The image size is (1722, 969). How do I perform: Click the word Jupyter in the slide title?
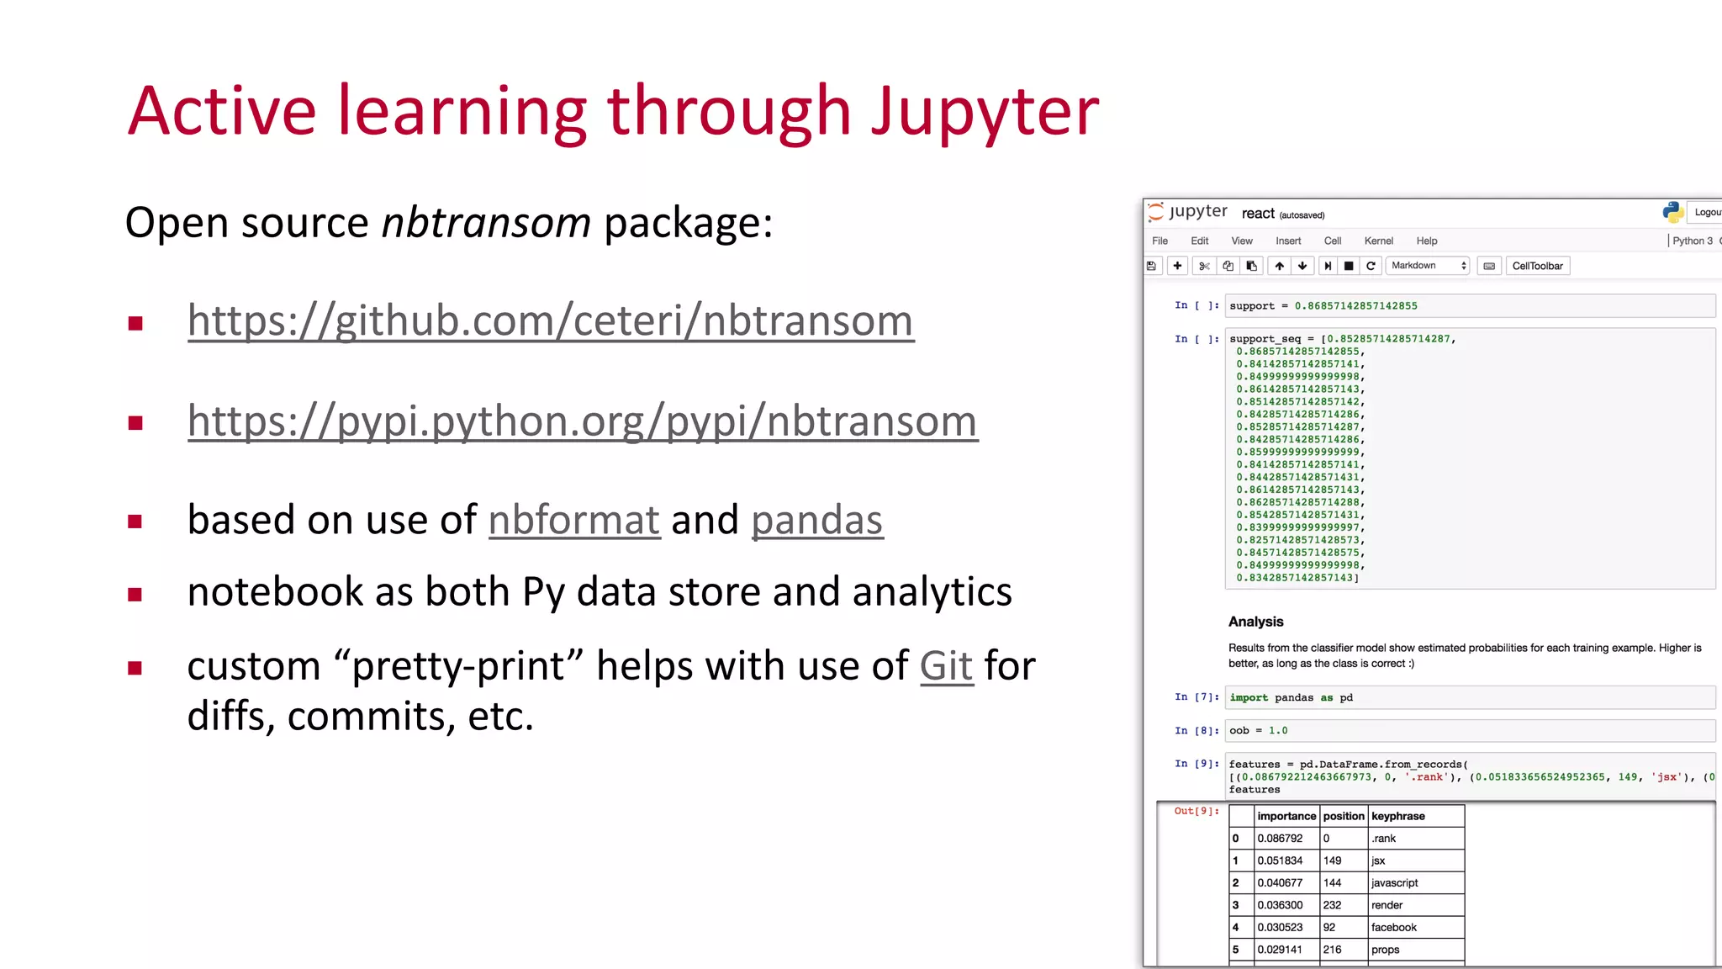pos(985,114)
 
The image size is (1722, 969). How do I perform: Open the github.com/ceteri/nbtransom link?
pos(551,321)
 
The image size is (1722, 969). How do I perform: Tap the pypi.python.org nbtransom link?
pos(583,421)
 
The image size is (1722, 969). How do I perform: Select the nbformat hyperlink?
pos(574,520)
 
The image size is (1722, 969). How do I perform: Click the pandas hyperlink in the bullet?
pos(816,520)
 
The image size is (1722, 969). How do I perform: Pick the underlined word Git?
pos(946,666)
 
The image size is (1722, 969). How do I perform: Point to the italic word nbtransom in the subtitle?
pos(486,224)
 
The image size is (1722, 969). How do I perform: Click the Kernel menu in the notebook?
pos(1378,241)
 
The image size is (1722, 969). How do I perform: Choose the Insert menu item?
pos(1287,241)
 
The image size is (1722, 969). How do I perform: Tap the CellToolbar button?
pos(1537,267)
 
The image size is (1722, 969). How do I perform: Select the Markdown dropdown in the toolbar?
pos(1428,266)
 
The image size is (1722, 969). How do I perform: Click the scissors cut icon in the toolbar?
pos(1204,267)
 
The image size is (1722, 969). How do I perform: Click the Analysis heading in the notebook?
pos(1255,622)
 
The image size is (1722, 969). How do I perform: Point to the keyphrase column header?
pos(1397,816)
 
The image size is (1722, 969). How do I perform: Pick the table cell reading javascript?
pos(1394,883)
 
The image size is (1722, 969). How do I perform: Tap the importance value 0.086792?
pos(1280,839)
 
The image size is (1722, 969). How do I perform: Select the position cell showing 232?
pos(1333,905)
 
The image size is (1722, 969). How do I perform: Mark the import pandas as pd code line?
pos(1291,697)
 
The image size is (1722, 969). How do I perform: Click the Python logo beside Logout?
pos(1672,212)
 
